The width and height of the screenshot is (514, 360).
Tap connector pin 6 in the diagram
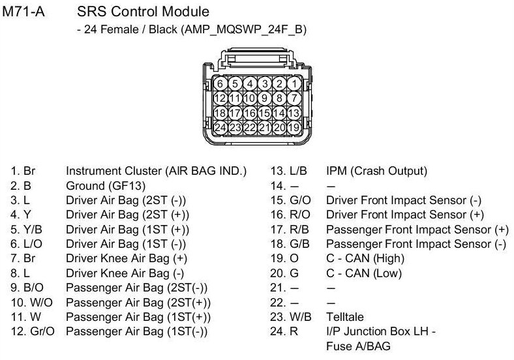220,83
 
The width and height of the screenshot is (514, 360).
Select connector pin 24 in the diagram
220,127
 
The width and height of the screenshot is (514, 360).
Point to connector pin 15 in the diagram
265,112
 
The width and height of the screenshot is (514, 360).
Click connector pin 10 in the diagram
250,98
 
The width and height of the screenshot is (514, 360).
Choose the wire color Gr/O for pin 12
41,332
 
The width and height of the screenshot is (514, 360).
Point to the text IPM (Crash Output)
376,172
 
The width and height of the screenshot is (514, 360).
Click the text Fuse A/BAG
357,346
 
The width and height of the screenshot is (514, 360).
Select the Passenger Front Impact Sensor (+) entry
417,230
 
